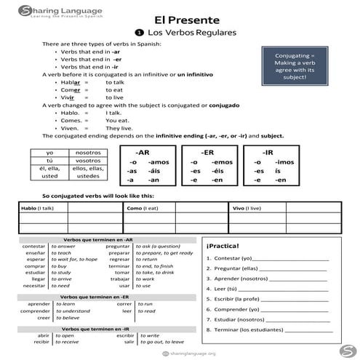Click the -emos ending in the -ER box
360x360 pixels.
click(x=223, y=161)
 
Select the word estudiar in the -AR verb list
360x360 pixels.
click(x=36, y=272)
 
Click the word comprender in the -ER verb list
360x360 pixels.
click(x=35, y=311)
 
